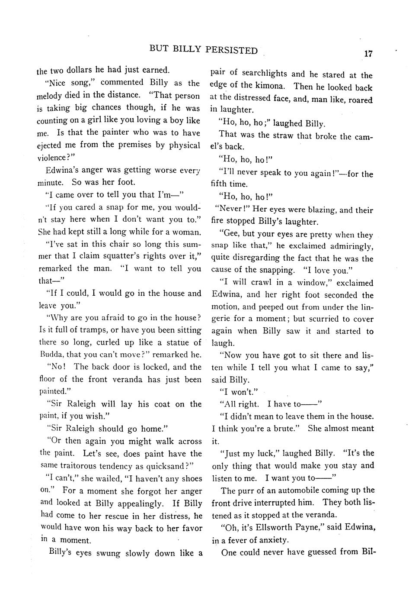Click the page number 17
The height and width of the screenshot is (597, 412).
(368, 54)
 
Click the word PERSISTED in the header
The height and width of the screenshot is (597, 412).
(231, 50)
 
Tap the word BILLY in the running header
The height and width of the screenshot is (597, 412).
(187, 49)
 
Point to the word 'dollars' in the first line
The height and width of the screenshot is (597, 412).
(79, 70)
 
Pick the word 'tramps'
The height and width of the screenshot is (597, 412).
(86, 330)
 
